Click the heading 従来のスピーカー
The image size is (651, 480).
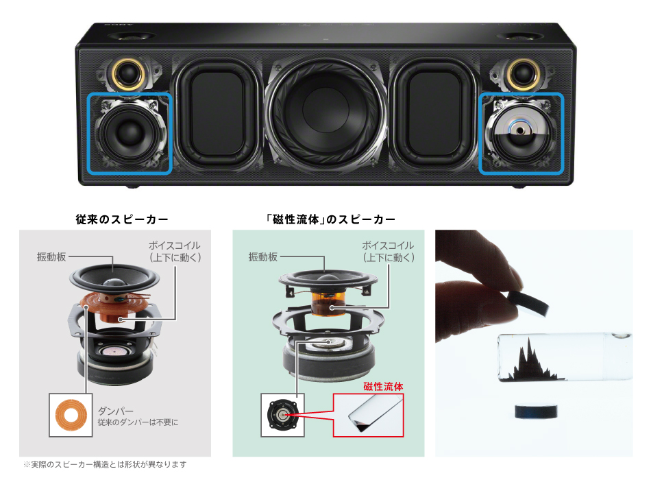coord(122,219)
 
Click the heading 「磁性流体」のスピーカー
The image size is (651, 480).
coord(331,219)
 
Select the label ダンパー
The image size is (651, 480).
coord(116,410)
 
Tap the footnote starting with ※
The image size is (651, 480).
coord(104,464)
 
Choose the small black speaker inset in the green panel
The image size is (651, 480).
coord(281,415)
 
